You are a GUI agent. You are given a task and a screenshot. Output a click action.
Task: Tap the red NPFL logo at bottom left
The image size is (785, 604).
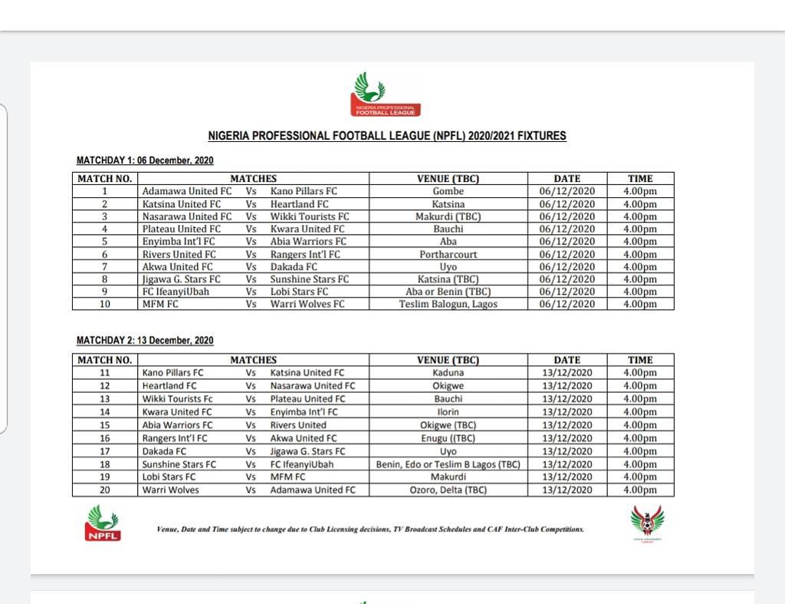click(102, 523)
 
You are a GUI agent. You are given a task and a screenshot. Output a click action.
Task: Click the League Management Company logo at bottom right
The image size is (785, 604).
click(648, 524)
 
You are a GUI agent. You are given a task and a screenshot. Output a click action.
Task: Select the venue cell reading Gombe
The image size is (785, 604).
click(448, 191)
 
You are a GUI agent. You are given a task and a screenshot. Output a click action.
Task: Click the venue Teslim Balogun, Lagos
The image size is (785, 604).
click(448, 304)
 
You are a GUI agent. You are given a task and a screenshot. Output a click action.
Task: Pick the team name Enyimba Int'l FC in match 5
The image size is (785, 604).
click(179, 242)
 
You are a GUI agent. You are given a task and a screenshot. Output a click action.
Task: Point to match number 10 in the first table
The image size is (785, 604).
click(105, 304)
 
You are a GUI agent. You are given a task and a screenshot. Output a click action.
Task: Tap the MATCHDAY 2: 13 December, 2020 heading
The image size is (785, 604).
click(145, 341)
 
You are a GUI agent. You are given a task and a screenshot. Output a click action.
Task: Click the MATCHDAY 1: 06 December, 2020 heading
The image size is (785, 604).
click(145, 160)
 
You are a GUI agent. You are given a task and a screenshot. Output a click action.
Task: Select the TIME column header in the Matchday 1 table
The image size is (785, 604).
click(640, 179)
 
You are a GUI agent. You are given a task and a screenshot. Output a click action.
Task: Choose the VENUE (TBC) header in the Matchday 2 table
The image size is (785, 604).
click(448, 360)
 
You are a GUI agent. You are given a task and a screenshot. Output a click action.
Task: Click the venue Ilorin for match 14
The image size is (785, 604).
click(448, 412)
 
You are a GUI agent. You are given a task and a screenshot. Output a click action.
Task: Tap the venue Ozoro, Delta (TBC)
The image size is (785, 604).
click(448, 490)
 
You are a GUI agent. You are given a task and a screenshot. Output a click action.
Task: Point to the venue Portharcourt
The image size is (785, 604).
click(448, 254)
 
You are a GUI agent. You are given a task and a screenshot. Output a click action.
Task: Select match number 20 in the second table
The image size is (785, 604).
click(105, 490)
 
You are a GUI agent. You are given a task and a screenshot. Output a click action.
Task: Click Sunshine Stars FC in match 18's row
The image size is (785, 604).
click(179, 464)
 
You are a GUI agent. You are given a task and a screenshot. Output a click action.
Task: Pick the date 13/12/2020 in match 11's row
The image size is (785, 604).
click(567, 373)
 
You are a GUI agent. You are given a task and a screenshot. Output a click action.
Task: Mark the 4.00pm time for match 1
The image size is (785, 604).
click(640, 191)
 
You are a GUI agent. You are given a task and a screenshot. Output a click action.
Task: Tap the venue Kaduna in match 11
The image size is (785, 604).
click(448, 373)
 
